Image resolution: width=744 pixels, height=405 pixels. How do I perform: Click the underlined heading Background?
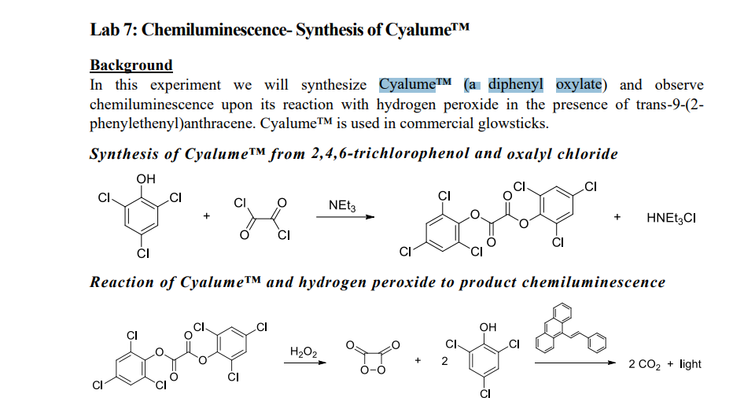point(131,64)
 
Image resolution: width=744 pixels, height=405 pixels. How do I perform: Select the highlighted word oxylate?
point(579,84)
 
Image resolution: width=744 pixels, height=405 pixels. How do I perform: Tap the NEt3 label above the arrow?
point(342,206)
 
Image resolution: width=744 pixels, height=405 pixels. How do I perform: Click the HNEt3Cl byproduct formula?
point(670,218)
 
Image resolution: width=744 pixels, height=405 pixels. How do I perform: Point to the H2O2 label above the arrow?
point(304,352)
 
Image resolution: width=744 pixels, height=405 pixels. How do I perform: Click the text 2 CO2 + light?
point(665,364)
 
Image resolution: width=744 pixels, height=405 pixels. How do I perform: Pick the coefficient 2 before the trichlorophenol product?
point(444,362)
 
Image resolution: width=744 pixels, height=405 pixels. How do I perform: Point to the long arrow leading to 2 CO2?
point(578,363)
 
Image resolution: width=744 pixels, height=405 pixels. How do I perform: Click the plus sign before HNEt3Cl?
point(617,217)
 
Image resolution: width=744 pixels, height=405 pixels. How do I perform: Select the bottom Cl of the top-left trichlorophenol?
point(143,253)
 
